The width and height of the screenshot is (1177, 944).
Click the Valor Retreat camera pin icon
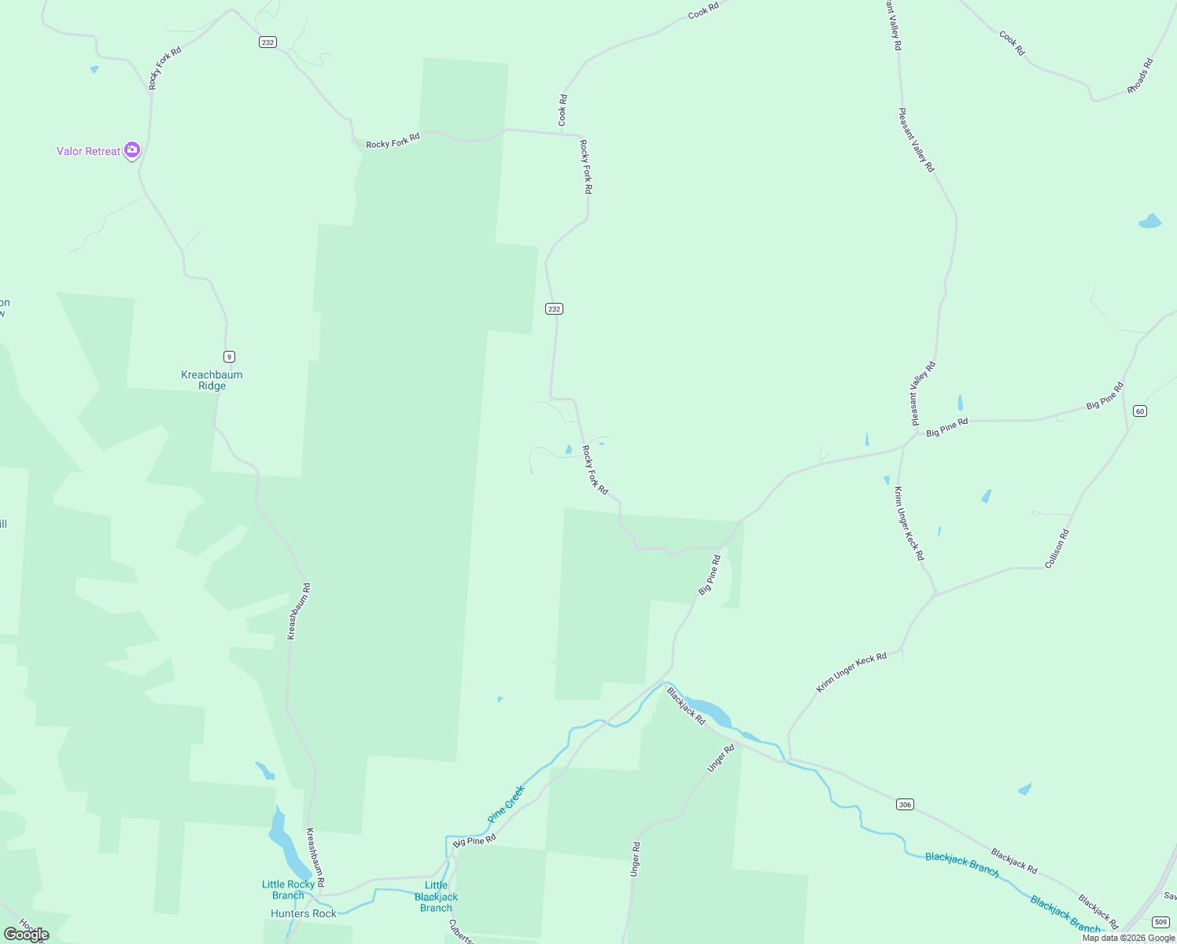132,149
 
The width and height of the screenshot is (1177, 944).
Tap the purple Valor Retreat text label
88,151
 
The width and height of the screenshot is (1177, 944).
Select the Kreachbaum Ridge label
212,380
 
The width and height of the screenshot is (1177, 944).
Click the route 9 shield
229,356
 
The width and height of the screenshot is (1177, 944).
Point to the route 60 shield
1140,411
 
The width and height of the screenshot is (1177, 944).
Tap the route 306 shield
905,804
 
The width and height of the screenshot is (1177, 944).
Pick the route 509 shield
1160,921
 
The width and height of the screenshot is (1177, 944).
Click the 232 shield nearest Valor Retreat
267,42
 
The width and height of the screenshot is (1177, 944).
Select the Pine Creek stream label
506,803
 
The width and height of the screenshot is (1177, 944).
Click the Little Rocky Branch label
288,890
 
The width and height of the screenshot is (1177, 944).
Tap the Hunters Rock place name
303,913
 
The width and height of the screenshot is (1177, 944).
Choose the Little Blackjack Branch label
436,896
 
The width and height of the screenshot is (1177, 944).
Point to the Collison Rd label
1057,549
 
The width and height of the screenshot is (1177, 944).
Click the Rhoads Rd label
1140,76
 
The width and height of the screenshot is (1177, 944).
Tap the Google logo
27,935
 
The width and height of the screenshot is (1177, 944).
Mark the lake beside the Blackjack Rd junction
708,710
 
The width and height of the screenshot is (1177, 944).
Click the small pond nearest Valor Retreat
94,69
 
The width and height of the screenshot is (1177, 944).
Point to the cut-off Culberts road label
461,931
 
